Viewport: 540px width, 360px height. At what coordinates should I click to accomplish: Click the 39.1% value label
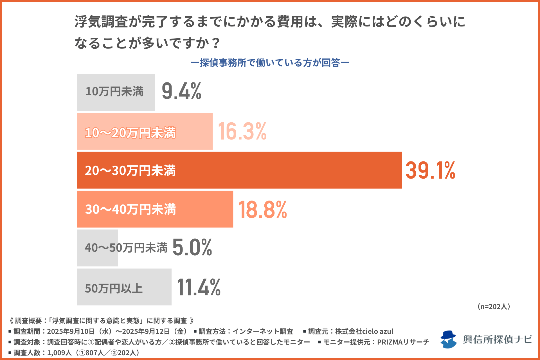pos(430,170)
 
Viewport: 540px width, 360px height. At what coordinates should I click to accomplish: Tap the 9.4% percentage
pos(181,91)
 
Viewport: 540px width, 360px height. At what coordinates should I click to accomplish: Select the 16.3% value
pos(242,131)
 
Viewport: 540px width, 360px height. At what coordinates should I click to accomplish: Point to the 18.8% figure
pos(262,210)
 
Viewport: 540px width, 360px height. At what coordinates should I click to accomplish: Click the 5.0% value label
pos(192,247)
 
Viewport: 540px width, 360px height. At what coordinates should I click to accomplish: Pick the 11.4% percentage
pos(199,287)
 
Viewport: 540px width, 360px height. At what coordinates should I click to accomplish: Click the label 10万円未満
pos(114,92)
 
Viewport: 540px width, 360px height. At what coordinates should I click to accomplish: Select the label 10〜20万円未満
pos(130,133)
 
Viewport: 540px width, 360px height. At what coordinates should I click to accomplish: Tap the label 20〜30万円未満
pos(130,171)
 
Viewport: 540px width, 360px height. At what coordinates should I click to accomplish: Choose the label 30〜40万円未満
pos(130,210)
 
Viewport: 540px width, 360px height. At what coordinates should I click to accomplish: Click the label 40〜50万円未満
pos(126,248)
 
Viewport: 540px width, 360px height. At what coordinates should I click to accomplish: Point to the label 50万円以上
pos(114,289)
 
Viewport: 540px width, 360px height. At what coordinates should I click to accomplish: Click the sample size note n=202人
pos(494,307)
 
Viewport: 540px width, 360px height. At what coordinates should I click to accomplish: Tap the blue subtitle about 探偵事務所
pos(270,63)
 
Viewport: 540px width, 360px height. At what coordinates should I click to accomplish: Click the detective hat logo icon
pos(448,339)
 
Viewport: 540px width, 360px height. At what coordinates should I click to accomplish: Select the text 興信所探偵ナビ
pos(497,339)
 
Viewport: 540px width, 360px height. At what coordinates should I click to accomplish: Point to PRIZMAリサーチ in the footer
pos(403,342)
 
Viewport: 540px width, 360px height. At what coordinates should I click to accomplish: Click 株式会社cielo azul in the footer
pos(364,331)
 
